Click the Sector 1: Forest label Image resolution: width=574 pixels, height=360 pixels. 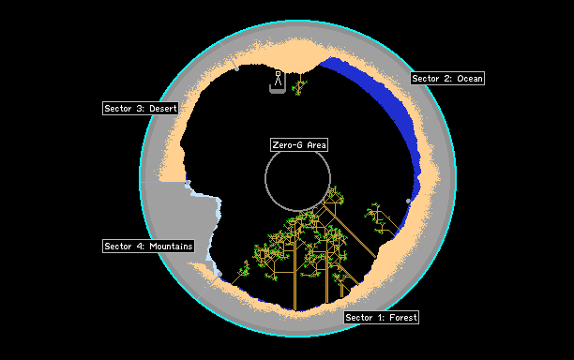pyautogui.click(x=381, y=317)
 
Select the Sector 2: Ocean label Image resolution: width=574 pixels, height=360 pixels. pyautogui.click(x=447, y=79)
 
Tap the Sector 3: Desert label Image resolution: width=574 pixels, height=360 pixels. pyautogui.click(x=141, y=109)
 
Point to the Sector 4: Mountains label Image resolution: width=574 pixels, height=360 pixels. pyautogui.click(x=148, y=246)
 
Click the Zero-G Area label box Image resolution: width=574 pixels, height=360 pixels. pyautogui.click(x=299, y=145)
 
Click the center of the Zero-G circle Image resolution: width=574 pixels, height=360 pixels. pyautogui.click(x=297, y=178)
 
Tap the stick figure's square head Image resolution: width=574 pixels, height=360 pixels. pyautogui.click(x=278, y=73)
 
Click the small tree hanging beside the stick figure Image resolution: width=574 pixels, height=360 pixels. pyautogui.click(x=299, y=86)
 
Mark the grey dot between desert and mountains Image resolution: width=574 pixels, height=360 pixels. pyautogui.click(x=188, y=182)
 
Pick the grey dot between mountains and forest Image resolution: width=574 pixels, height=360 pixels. pyautogui.click(x=219, y=274)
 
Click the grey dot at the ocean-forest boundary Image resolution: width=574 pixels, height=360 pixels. pyautogui.click(x=408, y=201)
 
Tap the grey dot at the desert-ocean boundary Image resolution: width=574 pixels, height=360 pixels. pyautogui.click(x=237, y=68)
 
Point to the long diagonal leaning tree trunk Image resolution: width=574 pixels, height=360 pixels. pyautogui.click(x=350, y=232)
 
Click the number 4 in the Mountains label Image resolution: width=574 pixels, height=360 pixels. pyautogui.click(x=140, y=247)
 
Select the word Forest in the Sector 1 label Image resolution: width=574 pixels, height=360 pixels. pyautogui.click(x=403, y=317)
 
